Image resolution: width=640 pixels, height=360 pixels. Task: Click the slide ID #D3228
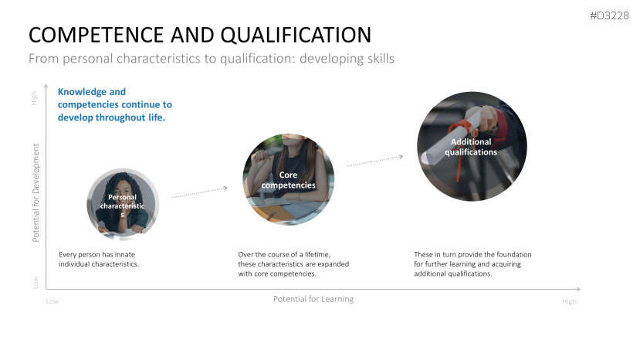point(609,16)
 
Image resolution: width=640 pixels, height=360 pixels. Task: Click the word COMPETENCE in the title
point(97,35)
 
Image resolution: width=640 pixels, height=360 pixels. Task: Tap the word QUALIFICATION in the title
point(298,35)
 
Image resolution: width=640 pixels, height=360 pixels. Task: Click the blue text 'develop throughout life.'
point(111,117)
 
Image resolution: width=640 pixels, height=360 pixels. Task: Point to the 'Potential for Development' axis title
point(36,192)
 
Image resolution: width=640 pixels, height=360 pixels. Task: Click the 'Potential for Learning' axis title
point(313,299)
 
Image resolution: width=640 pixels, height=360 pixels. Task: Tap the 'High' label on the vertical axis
point(34,98)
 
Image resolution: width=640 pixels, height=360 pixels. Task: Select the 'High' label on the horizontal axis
point(569,301)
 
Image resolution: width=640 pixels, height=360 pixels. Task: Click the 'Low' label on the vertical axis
point(36,283)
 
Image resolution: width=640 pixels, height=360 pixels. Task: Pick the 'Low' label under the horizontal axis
point(52,301)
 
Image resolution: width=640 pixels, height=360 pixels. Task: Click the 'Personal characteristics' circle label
point(122,205)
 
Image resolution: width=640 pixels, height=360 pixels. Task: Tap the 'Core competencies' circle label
point(288,180)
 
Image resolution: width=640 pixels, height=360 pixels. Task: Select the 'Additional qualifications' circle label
point(471,147)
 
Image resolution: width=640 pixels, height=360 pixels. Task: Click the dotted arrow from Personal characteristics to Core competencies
point(199,192)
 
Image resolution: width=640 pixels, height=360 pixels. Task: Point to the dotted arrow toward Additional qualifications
point(374,161)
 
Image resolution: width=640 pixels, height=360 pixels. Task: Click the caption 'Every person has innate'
point(97,255)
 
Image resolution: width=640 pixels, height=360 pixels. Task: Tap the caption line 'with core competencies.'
point(277,273)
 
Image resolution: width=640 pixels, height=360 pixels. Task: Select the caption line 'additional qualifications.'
point(453,273)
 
